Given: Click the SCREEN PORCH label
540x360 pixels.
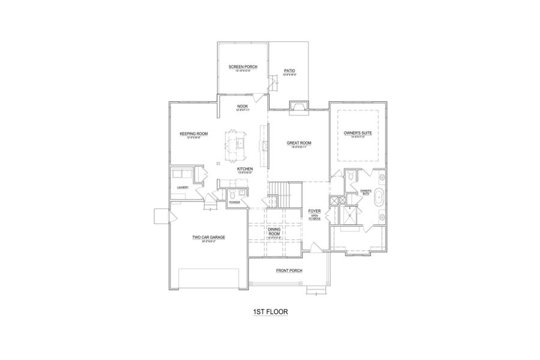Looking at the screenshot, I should [242, 67].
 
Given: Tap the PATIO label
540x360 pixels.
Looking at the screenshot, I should [289, 71].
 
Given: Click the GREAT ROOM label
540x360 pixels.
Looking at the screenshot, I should [299, 143].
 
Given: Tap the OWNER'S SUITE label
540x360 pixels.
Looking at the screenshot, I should [356, 133].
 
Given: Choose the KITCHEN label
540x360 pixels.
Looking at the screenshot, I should [245, 169].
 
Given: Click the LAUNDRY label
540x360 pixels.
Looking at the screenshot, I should [183, 187].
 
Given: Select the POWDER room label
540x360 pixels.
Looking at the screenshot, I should [235, 203].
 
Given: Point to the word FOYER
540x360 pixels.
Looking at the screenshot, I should [314, 211].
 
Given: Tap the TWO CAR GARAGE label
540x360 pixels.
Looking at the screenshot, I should [208, 237].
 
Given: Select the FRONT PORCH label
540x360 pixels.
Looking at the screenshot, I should [289, 271].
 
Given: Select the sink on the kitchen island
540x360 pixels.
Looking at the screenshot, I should [238, 143].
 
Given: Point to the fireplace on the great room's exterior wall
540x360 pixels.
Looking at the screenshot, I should [298, 107].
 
